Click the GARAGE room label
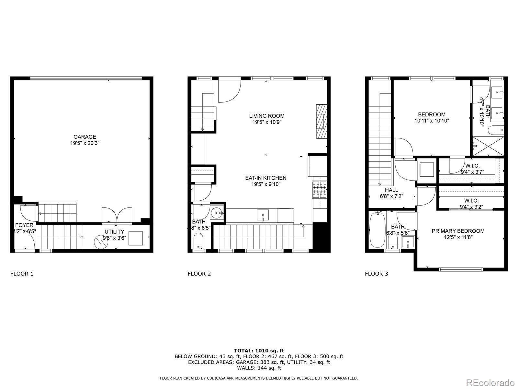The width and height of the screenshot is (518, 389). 84,137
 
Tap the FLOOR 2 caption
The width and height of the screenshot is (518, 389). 199,274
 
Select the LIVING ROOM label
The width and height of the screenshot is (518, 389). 267,116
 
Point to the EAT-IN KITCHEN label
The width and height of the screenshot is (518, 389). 265,178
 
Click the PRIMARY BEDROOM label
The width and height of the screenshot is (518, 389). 458,231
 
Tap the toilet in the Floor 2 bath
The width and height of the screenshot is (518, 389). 198,241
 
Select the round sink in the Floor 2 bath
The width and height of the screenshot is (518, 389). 216,213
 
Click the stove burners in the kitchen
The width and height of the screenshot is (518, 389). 320,190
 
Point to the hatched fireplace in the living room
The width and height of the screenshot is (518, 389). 321,121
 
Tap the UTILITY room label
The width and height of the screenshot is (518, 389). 114,232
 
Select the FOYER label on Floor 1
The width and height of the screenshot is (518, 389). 24,225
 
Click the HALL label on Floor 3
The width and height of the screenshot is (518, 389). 391,190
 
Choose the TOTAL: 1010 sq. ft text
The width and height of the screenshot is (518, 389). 259,350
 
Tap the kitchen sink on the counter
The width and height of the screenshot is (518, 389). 263,215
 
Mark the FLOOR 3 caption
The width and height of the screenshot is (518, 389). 376,274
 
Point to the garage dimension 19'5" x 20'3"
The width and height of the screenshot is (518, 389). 84,143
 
